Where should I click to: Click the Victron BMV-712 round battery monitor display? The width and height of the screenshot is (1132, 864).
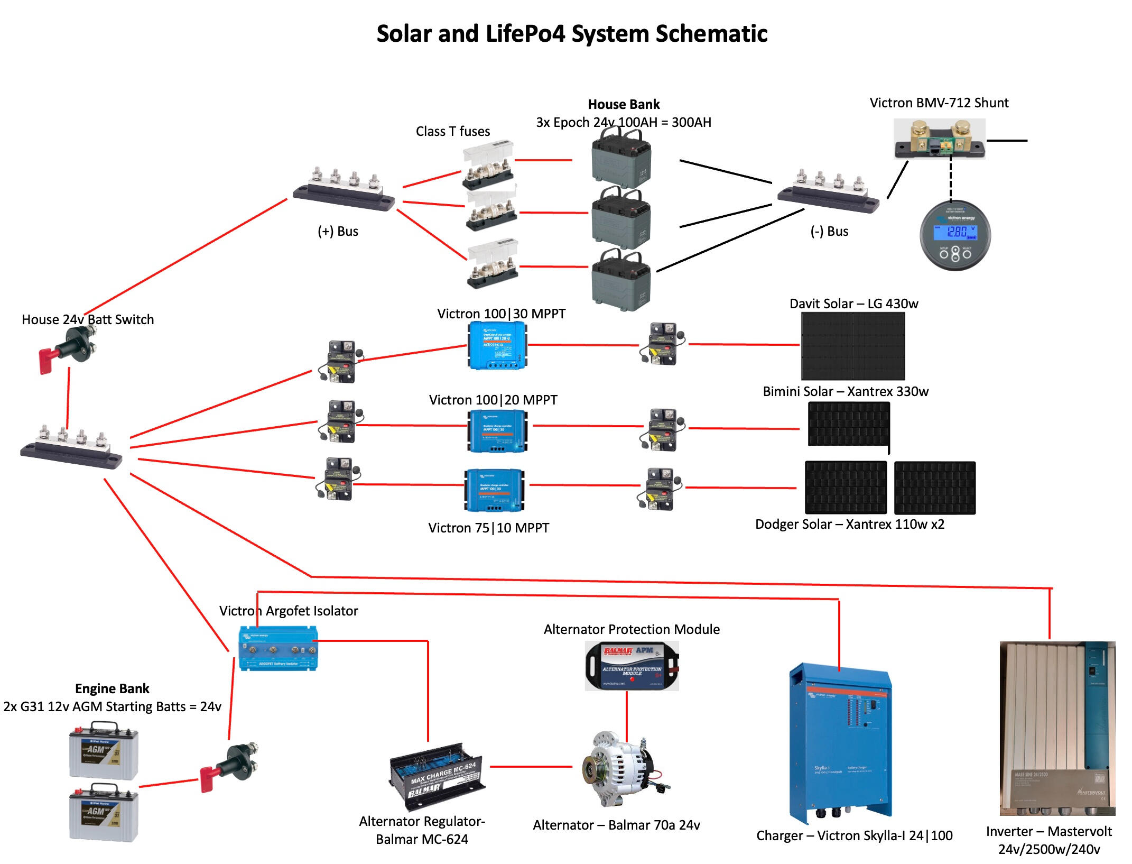pos(955,236)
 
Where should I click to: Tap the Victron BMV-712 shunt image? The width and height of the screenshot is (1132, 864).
pos(939,139)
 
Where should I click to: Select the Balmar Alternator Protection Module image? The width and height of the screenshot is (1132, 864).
pos(632,666)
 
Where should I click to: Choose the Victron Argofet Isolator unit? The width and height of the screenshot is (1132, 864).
pos(278,648)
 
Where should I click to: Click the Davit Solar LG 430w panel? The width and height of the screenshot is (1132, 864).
pos(852,346)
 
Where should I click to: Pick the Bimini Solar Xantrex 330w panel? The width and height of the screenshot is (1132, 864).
pos(849,424)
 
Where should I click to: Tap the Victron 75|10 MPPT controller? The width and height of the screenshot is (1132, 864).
pos(494,490)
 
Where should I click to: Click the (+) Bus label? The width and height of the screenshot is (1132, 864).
pos(338,232)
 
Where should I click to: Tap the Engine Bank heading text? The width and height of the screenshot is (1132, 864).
pos(112,688)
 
